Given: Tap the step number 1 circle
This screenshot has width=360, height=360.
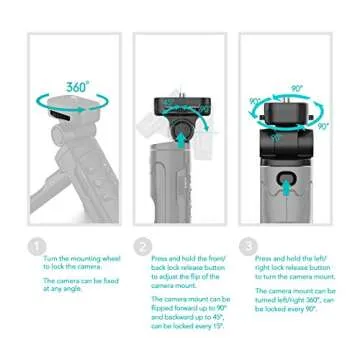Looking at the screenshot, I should tap(36, 246).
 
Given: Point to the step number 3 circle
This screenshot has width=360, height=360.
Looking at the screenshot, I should tap(247, 246).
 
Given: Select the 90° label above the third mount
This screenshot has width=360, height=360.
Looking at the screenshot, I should tap(296, 89).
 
